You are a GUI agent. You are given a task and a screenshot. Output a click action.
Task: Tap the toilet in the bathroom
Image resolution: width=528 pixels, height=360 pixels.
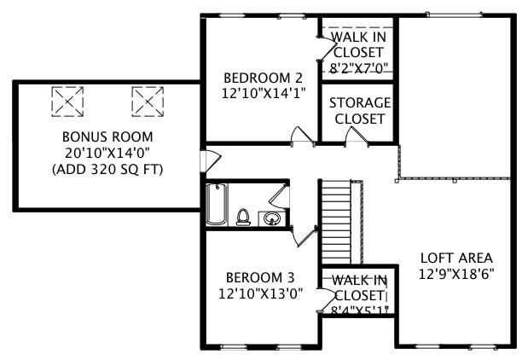tap(243, 218)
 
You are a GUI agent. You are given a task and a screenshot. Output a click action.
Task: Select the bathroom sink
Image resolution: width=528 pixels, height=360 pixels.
tap(272, 218)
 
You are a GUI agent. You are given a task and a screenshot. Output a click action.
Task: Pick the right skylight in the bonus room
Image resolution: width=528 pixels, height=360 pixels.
tap(147, 101)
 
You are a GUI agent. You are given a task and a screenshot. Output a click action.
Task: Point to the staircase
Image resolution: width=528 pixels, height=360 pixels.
tap(339, 222)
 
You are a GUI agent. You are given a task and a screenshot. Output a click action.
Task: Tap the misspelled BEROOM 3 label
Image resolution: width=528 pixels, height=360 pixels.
tap(260, 277)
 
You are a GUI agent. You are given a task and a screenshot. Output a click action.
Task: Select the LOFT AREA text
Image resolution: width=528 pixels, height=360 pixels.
tap(456, 258)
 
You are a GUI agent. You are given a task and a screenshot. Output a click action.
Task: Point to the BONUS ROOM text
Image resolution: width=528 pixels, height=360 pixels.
tap(107, 136)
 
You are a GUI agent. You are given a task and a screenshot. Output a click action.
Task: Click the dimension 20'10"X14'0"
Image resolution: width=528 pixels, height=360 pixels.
tap(107, 153)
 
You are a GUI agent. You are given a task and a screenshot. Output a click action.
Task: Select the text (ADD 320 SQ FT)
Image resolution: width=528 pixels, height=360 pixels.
tap(107, 169)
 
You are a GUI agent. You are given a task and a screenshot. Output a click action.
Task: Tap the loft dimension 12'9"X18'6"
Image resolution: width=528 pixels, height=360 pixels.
tap(456, 274)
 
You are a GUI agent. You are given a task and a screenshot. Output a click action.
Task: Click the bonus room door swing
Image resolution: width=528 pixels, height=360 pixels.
tap(210, 160)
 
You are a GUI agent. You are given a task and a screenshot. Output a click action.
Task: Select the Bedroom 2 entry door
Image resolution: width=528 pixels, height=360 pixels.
tap(300, 136)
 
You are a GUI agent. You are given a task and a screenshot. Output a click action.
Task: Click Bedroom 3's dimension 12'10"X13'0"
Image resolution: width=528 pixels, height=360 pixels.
tap(260, 293)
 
